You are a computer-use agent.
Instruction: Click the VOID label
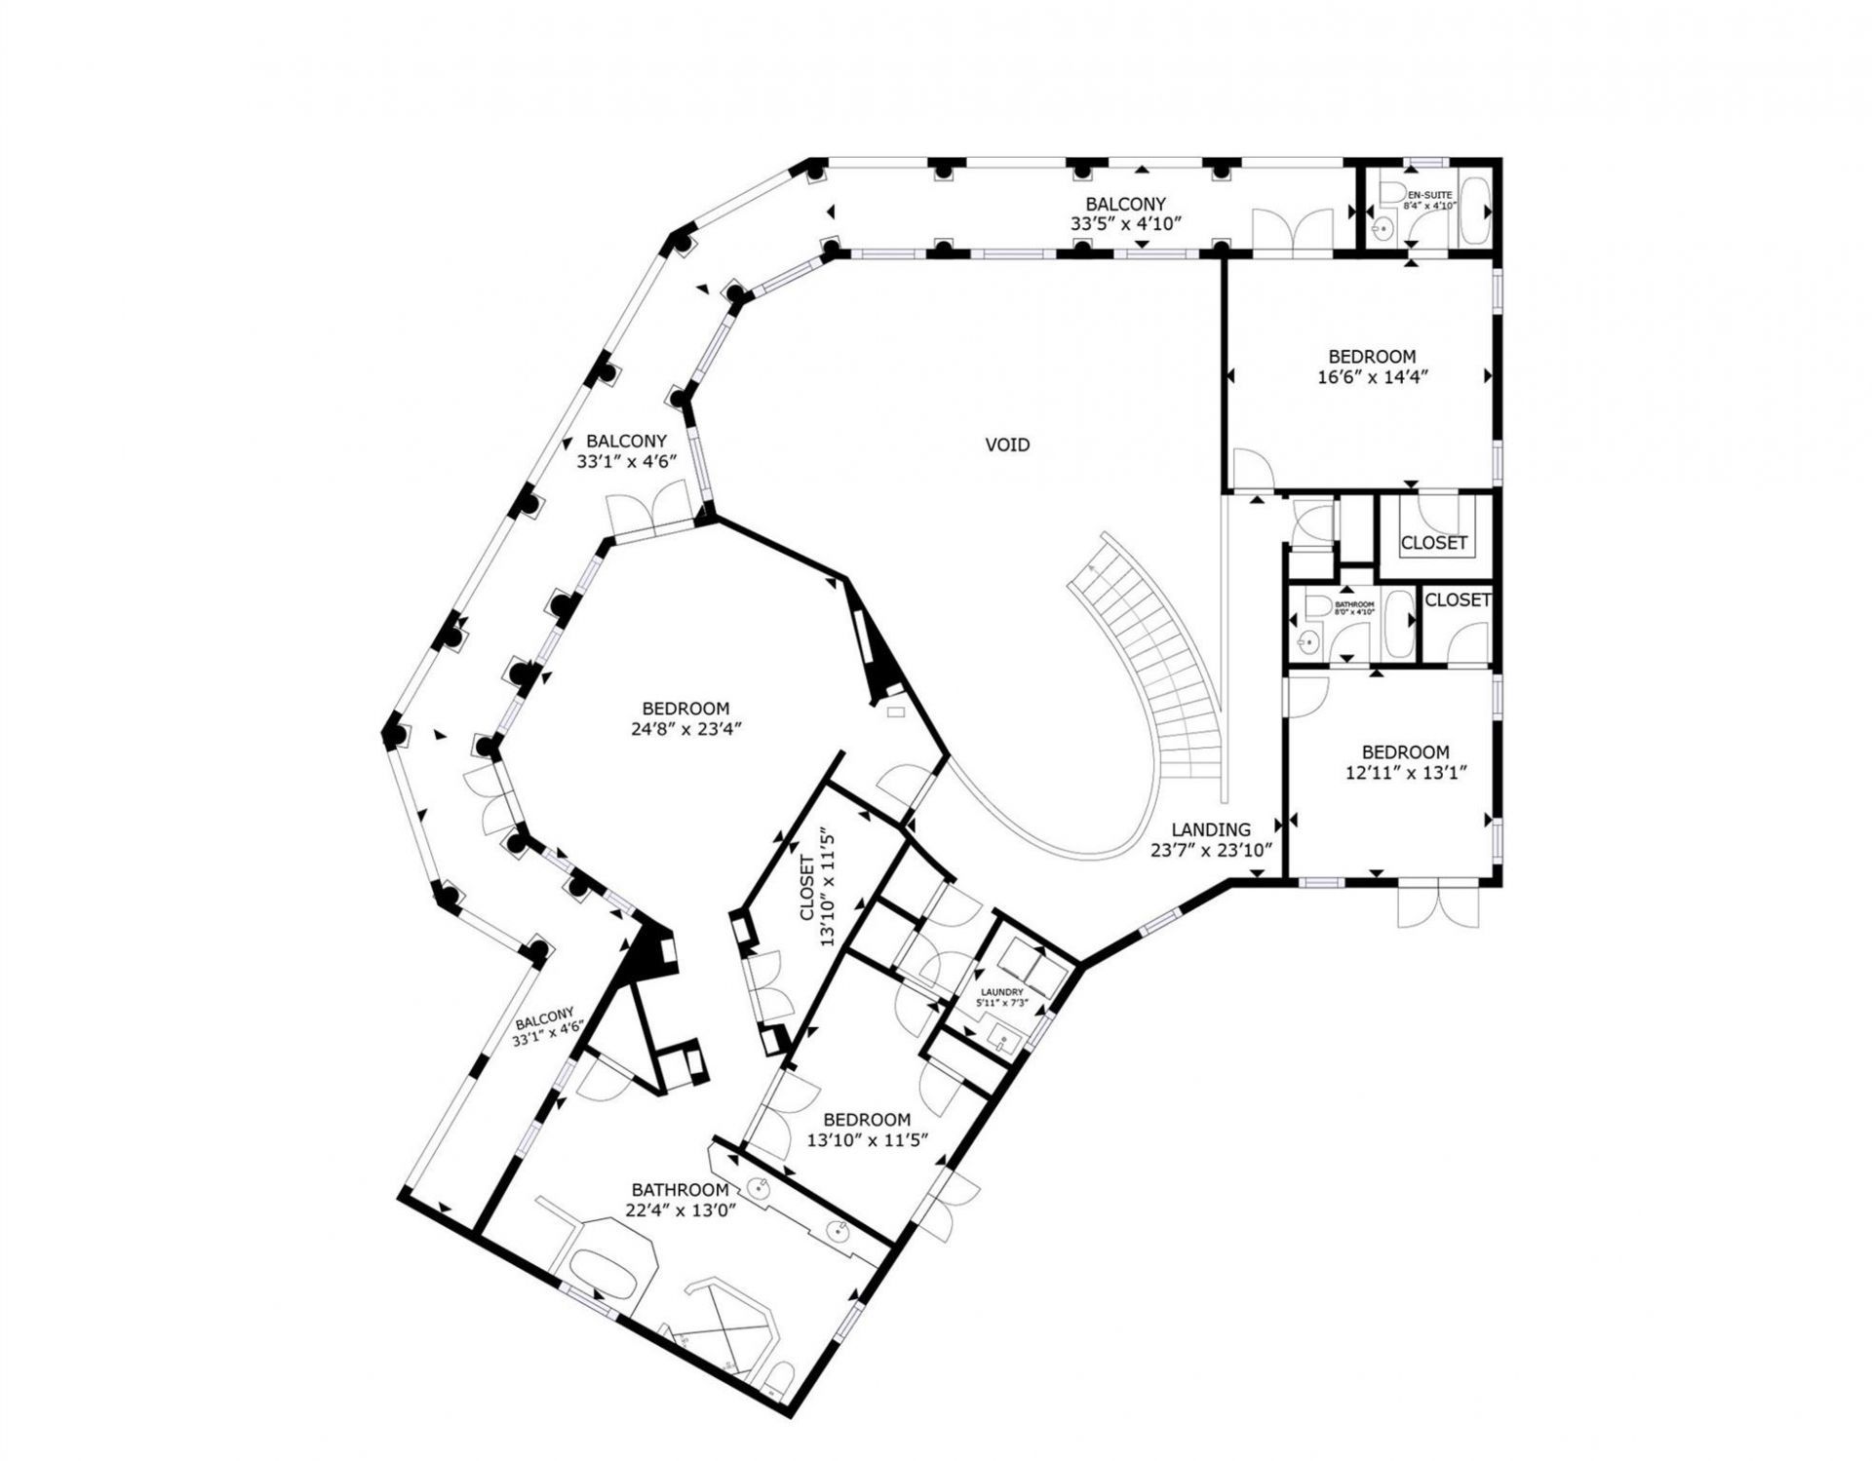coord(1007,445)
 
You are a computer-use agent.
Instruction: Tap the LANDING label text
coord(1210,829)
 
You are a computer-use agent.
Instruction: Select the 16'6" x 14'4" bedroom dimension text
coord(1371,378)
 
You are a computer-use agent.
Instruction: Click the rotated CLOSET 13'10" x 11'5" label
coord(816,887)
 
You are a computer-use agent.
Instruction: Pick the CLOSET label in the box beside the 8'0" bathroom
coord(1457,600)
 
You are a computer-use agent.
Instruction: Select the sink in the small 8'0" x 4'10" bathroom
coord(1308,640)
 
